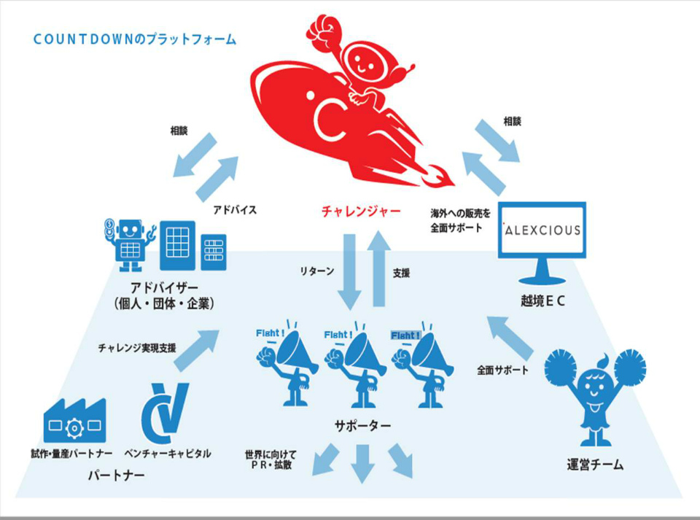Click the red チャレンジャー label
coord(361,212)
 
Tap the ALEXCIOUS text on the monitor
coord(543,230)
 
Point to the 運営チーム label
coord(594,465)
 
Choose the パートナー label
coord(115,476)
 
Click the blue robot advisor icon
coord(130,241)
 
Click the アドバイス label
coord(233,209)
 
